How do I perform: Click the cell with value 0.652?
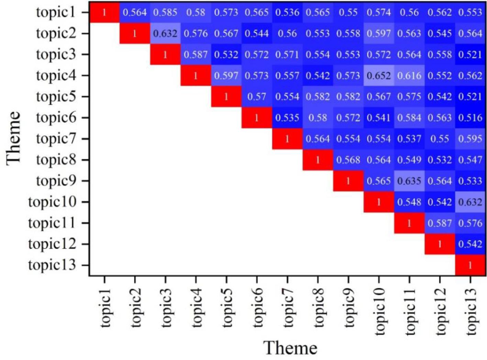click(x=378, y=76)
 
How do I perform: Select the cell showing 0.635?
click(x=409, y=181)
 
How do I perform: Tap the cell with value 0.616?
click(x=409, y=76)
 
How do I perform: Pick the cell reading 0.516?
click(x=470, y=118)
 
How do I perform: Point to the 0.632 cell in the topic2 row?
click(x=165, y=34)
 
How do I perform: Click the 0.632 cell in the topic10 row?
click(x=470, y=202)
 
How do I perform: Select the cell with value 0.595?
click(x=470, y=139)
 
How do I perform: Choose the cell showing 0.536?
click(x=287, y=13)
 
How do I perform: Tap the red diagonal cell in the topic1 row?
click(x=104, y=13)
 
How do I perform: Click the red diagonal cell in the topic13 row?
click(x=470, y=265)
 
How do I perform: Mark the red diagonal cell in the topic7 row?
click(x=287, y=139)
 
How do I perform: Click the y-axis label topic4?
click(x=56, y=76)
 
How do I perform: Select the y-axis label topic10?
click(x=52, y=202)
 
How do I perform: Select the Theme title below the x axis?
click(x=290, y=348)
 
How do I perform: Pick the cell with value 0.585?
click(x=165, y=13)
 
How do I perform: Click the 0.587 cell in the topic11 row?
click(x=440, y=223)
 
